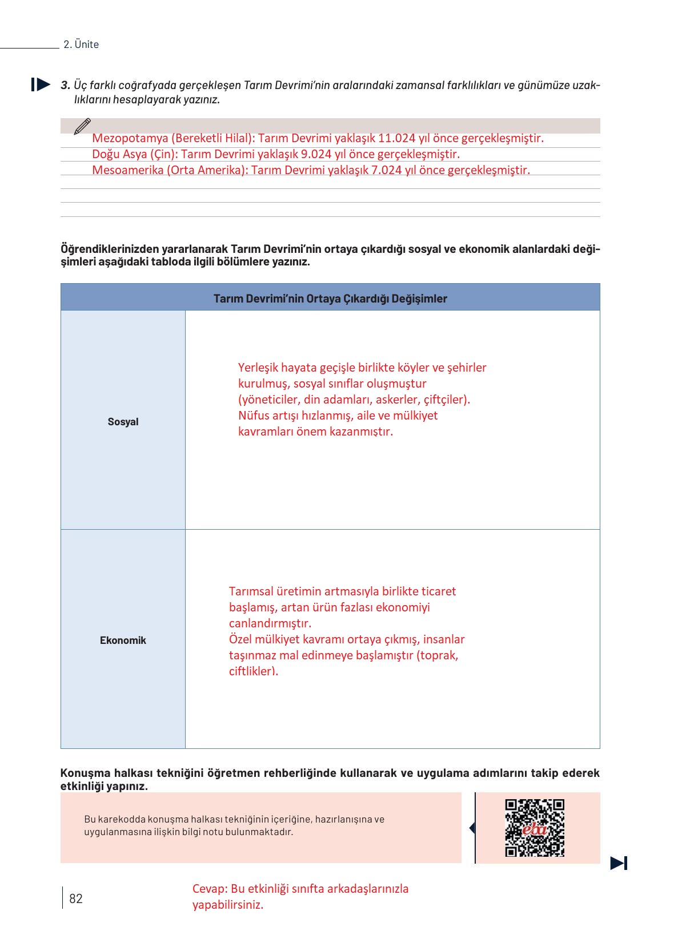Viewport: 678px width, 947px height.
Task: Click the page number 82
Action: (x=75, y=898)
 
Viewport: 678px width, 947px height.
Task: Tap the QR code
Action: (x=535, y=828)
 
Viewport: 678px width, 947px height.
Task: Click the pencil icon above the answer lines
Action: (x=82, y=126)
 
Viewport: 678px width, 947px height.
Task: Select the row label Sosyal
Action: (x=123, y=422)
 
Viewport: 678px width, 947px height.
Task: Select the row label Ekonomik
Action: (x=123, y=640)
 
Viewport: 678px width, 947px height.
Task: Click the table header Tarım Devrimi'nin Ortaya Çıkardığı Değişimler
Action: (x=330, y=299)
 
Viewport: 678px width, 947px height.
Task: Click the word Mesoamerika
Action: (x=128, y=170)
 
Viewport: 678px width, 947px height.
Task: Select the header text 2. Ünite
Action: (x=81, y=45)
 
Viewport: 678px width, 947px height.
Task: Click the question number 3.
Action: (x=65, y=86)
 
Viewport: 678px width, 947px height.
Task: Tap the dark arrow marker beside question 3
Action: (x=41, y=85)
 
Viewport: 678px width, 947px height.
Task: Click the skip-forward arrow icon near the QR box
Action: (x=619, y=863)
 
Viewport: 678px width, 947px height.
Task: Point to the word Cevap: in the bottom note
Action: (x=210, y=889)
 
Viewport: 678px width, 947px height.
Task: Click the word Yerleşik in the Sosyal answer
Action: (x=258, y=368)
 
